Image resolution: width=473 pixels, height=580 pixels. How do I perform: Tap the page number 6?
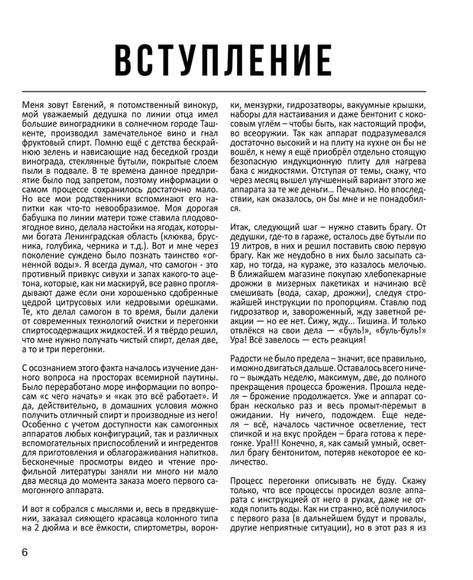[25, 553]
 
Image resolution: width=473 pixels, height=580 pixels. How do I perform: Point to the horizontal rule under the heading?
[224, 91]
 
